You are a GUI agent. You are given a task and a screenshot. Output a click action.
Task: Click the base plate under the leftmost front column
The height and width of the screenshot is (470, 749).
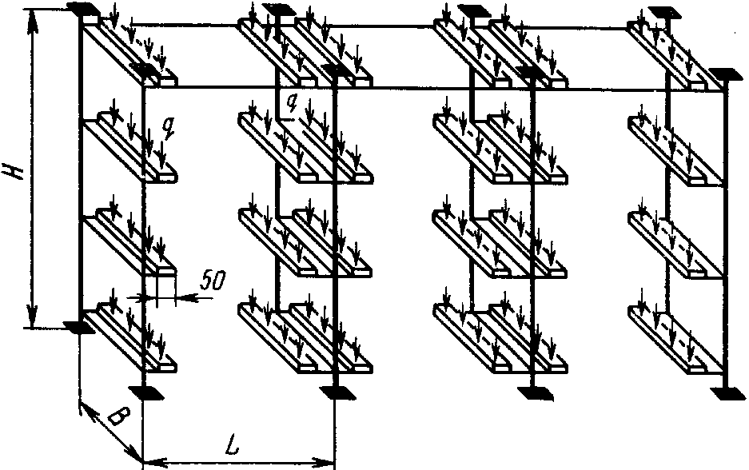(x=144, y=392)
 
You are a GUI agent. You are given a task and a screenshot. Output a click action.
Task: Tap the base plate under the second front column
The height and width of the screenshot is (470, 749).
(x=336, y=392)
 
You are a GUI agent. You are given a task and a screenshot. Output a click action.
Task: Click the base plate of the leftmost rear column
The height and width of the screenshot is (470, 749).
(x=77, y=326)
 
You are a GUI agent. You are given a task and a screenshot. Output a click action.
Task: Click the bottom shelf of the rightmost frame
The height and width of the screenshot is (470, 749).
(x=671, y=336)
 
